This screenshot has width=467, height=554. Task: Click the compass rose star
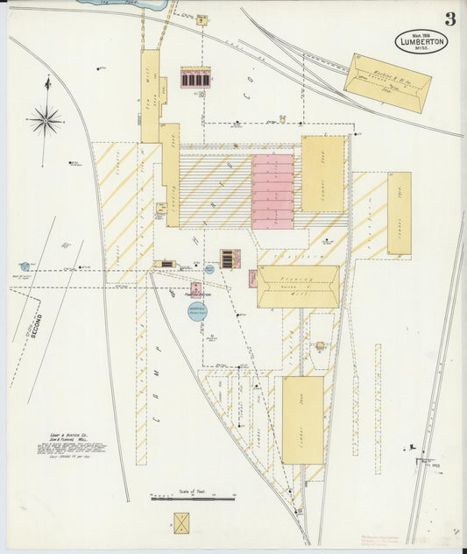(45, 119)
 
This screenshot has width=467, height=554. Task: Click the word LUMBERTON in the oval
(421, 41)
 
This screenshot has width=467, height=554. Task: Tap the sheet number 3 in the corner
(449, 18)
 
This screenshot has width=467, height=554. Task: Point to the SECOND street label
(35, 323)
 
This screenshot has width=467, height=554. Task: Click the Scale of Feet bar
(193, 498)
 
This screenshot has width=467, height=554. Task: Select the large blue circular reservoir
(198, 310)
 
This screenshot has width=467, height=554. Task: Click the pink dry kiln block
(272, 191)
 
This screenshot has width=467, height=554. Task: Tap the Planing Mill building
(298, 287)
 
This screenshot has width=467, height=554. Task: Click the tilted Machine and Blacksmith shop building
(387, 82)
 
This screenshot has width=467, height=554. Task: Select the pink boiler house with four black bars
(195, 78)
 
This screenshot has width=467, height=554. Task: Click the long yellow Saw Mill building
(151, 96)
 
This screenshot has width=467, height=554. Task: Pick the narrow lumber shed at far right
(399, 213)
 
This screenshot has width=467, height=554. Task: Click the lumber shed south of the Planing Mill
(302, 420)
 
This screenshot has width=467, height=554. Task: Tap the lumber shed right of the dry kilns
(322, 174)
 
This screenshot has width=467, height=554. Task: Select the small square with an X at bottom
(182, 523)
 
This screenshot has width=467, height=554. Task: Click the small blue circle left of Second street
(25, 266)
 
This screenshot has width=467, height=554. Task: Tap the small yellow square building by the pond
(202, 18)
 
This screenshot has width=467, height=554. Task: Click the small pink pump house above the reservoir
(195, 288)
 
